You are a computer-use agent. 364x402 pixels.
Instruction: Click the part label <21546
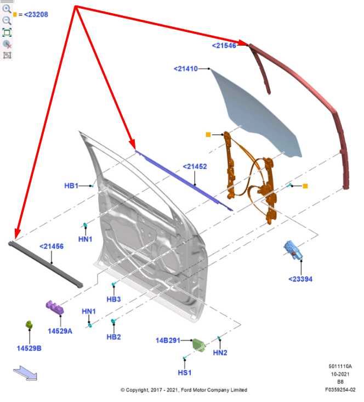pos(224,46)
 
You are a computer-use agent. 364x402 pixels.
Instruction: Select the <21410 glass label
pos(186,69)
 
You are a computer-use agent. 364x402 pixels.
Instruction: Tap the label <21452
pos(195,166)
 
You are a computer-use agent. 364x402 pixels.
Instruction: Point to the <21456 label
pos(51,247)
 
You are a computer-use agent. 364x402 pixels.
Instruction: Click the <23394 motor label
pos(300,279)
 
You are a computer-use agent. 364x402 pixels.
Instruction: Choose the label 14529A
pos(60,331)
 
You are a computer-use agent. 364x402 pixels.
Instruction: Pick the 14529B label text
pos(29,348)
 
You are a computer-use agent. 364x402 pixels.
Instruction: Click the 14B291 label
pos(168,340)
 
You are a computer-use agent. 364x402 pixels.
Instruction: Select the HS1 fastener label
pos(185,372)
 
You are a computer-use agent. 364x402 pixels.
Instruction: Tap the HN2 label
pos(220,353)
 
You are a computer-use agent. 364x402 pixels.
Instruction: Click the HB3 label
pos(113,299)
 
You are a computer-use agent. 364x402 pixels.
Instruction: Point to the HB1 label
pos(71,186)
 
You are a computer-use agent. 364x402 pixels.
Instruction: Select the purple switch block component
pos(55,308)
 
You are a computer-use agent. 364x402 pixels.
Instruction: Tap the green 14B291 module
pos(199,345)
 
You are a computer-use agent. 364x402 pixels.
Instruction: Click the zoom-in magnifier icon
pos(7,9)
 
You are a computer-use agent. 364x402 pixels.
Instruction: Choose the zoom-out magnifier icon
pos(7,20)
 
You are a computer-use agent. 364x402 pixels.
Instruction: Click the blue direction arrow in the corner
pos(25,373)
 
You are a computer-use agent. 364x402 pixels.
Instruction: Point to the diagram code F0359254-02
pos(340,390)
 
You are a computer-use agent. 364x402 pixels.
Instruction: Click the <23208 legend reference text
pos(36,14)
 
